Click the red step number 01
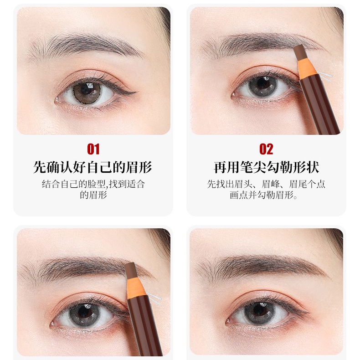point(93,149)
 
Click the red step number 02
point(266,149)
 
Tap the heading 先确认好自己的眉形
point(93,167)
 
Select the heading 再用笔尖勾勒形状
point(266,167)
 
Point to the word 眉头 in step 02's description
point(242,185)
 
